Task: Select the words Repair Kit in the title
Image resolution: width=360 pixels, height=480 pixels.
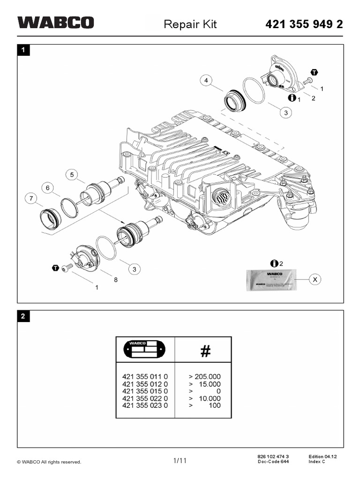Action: [190, 24]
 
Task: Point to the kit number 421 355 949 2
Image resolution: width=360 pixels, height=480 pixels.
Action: [304, 24]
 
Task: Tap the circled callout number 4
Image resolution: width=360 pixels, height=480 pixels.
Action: [205, 81]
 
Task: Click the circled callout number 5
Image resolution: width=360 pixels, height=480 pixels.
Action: [72, 175]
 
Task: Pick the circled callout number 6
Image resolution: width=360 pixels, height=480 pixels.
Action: [47, 188]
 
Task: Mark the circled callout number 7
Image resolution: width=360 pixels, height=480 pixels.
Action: [31, 199]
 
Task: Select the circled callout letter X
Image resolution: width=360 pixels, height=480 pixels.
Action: [315, 279]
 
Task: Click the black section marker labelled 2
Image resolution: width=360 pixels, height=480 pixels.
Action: [23, 316]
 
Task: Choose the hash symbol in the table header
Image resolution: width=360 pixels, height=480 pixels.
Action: [205, 352]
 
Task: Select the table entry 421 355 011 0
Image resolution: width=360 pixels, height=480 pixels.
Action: [145, 376]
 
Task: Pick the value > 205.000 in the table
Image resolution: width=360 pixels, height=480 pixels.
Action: [204, 376]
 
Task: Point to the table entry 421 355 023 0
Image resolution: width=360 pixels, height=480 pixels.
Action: [145, 405]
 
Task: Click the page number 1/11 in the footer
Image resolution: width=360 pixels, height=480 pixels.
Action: [180, 461]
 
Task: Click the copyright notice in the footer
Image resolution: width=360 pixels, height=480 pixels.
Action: [49, 462]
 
